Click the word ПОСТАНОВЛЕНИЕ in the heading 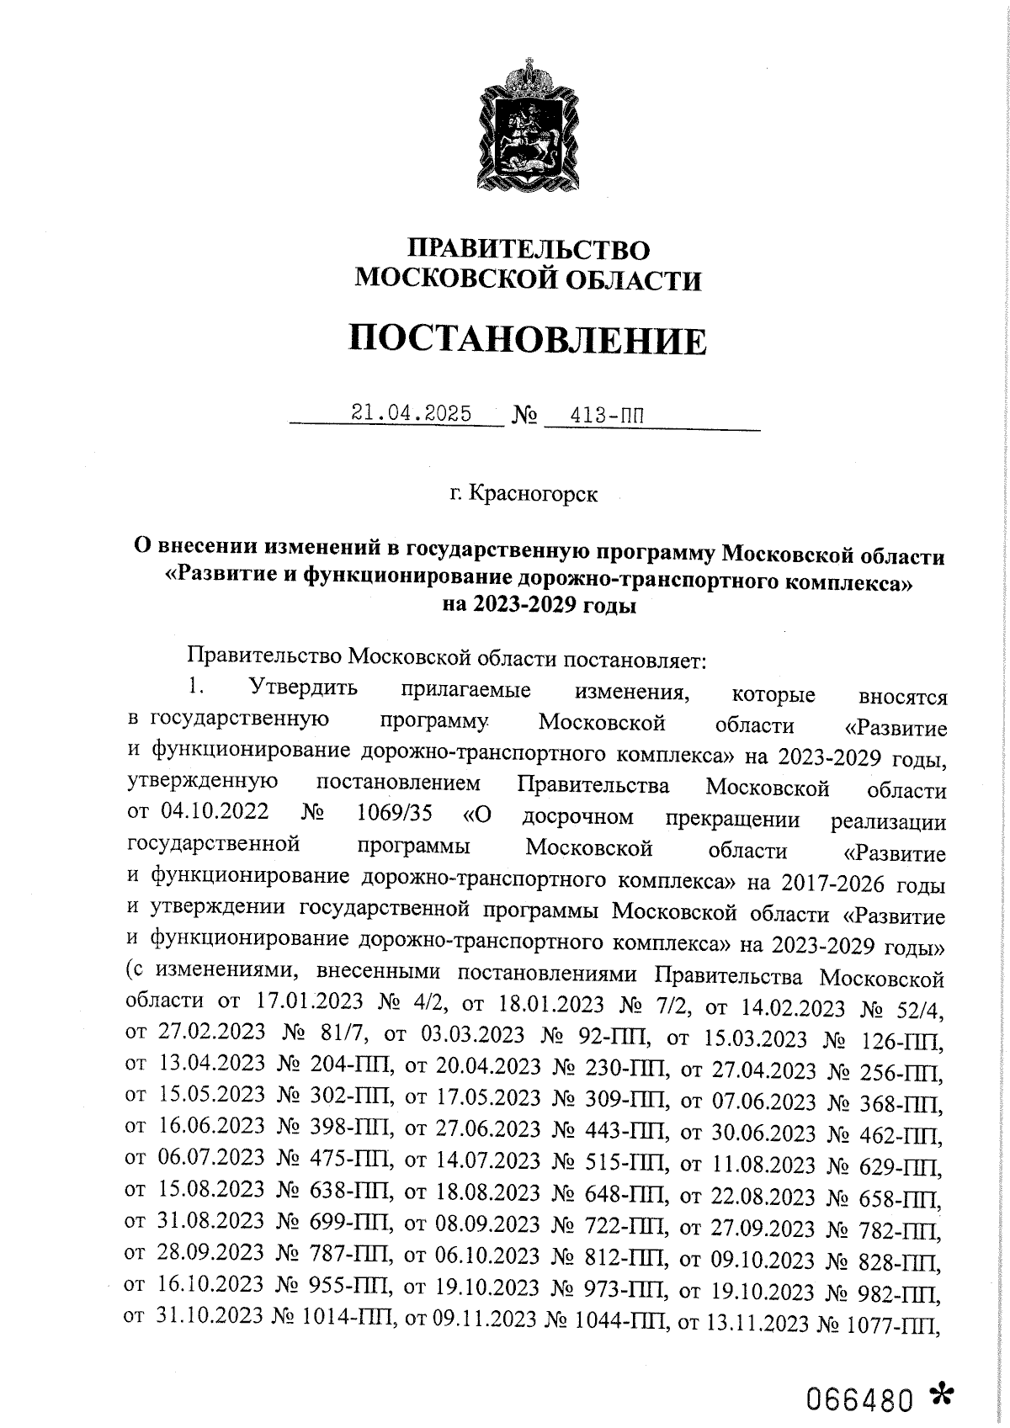[528, 341]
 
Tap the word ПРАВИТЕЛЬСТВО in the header [529, 250]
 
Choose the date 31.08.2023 [211, 1223]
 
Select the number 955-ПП [353, 1287]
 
